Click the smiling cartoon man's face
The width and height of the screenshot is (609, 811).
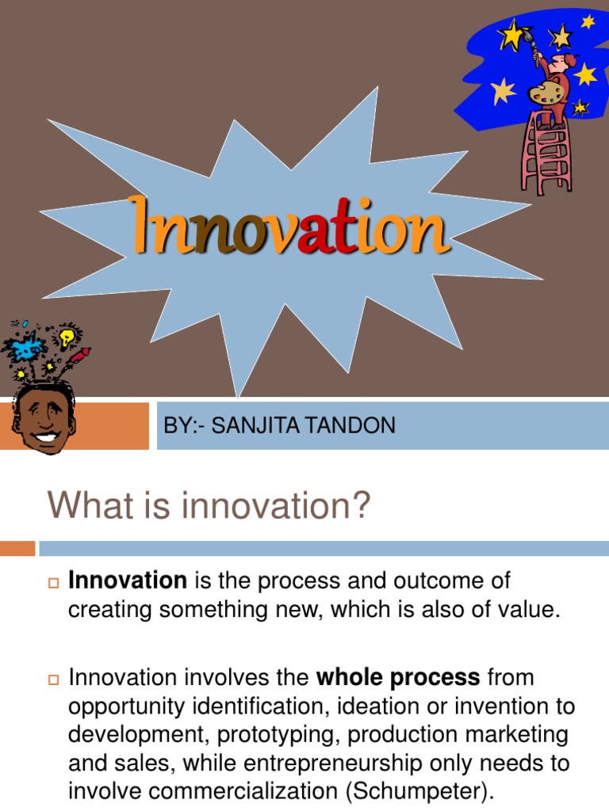click(44, 417)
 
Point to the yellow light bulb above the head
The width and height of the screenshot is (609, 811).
click(67, 337)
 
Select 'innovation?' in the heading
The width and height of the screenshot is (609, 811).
click(276, 504)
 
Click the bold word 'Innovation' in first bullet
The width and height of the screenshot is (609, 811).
click(128, 581)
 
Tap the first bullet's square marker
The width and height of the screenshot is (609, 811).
click(53, 583)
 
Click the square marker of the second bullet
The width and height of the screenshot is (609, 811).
click(53, 680)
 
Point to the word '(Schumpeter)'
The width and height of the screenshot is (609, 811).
click(420, 792)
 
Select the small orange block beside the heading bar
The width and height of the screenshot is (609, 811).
click(17, 548)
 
